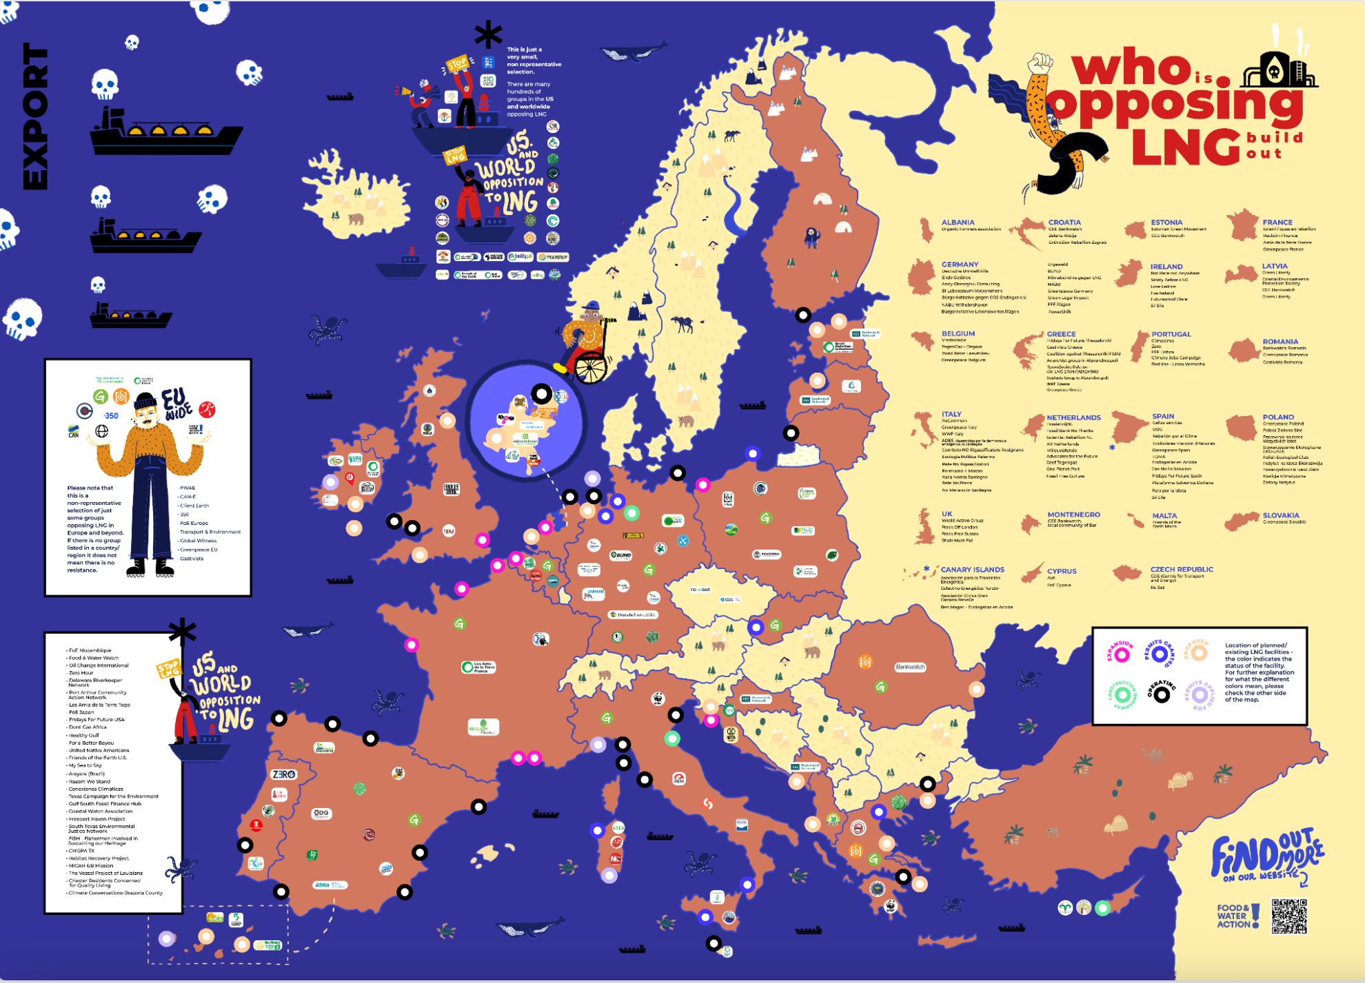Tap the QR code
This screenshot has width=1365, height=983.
[1288, 916]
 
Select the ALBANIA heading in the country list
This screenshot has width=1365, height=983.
[958, 223]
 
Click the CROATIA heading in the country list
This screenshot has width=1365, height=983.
[1064, 223]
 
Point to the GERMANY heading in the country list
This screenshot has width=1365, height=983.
[960, 265]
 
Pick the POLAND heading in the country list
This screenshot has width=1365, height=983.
[1278, 417]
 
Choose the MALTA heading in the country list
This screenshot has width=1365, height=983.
[1164, 515]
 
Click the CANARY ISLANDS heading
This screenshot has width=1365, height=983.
[972, 570]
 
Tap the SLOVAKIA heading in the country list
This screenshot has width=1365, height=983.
[1281, 515]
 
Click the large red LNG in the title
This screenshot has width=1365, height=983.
[1186, 146]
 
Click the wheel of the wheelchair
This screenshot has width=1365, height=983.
[591, 366]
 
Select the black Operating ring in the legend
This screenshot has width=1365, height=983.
[1162, 694]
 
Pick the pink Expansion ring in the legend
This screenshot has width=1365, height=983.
[1122, 654]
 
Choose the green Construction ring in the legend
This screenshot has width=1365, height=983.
[1122, 694]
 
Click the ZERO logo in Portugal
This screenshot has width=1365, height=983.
[283, 774]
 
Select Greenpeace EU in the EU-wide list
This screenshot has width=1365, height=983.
[199, 550]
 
